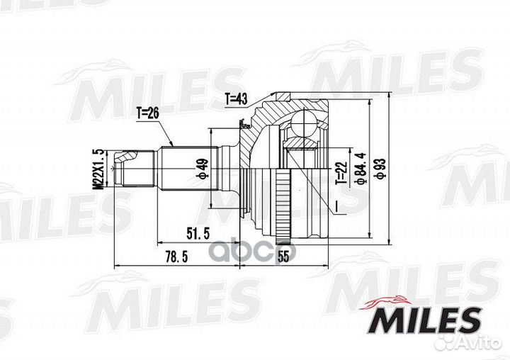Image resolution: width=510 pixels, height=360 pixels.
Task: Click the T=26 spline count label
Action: (149, 111)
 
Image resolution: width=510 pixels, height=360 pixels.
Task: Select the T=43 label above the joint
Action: (237, 99)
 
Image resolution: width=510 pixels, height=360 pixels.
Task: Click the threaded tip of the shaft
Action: (128, 169)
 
